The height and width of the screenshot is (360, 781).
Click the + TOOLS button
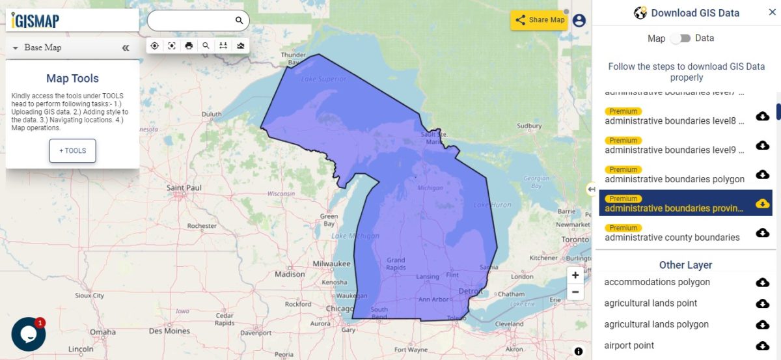click(72, 150)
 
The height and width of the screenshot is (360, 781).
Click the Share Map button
click(540, 20)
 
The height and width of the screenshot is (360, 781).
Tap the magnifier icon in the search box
click(239, 21)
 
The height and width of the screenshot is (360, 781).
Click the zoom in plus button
click(575, 275)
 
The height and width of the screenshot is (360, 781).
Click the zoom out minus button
click(575, 293)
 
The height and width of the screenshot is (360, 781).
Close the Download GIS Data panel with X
click(772, 12)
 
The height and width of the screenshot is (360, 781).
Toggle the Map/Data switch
click(680, 38)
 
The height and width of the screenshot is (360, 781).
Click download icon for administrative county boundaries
click(762, 232)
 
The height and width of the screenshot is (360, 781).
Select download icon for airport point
click(762, 346)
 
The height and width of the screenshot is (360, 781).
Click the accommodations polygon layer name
click(657, 282)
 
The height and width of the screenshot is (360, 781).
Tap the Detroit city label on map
click(469, 290)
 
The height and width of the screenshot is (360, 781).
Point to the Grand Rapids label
click(396, 264)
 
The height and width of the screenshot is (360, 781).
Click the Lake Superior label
click(323, 79)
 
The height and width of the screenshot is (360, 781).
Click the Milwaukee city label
click(331, 264)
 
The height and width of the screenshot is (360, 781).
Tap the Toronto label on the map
click(575, 240)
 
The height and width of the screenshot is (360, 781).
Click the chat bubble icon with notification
click(28, 334)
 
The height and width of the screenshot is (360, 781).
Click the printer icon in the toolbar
click(189, 46)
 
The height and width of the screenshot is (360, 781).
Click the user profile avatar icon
click(579, 20)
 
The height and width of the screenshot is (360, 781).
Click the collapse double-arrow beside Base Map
click(126, 48)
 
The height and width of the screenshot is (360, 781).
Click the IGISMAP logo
click(36, 21)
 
